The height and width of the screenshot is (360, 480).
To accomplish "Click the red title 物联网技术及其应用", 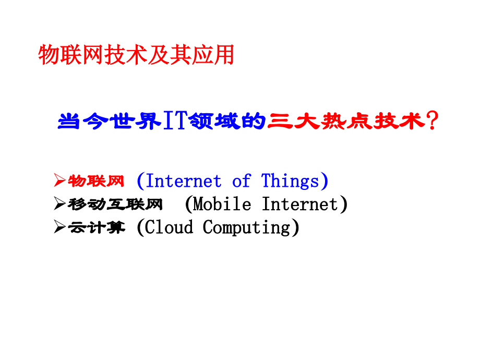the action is pos(136,55).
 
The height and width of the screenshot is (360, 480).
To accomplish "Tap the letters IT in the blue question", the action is pos(175,121).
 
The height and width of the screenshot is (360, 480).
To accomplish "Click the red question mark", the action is pos(433,121).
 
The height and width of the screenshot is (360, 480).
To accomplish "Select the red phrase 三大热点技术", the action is pos(346,121).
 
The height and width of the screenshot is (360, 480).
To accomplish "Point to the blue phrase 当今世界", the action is pos(110,121).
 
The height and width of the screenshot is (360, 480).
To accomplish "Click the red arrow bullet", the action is pos(59,180).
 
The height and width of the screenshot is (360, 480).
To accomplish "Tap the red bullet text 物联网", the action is pos(96,181).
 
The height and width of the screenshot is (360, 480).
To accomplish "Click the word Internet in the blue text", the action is pos(183,181).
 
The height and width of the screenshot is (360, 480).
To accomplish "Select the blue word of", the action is pos(242,181).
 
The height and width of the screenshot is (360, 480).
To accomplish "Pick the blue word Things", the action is pos(290,181).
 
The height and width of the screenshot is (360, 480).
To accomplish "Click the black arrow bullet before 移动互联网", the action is pos(59,203).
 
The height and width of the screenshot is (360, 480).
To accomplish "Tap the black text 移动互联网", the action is pos(115,204).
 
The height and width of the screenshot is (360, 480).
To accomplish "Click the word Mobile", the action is pos(222,204).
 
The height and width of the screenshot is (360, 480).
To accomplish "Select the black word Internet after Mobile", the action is pos(300,204).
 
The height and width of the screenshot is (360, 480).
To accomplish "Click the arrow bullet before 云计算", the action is pos(59,226).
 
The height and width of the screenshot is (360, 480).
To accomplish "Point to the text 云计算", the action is pos(97,227).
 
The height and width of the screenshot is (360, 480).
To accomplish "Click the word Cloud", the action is pos(169,227).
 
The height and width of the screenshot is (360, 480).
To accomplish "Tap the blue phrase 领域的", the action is pos(227,121).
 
